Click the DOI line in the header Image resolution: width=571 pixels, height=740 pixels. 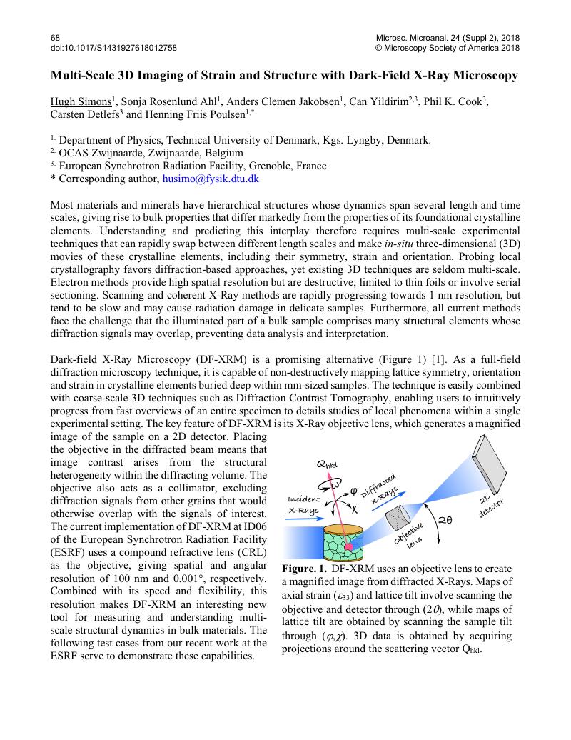[114, 48]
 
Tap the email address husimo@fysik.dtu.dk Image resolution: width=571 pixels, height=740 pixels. [211, 179]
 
